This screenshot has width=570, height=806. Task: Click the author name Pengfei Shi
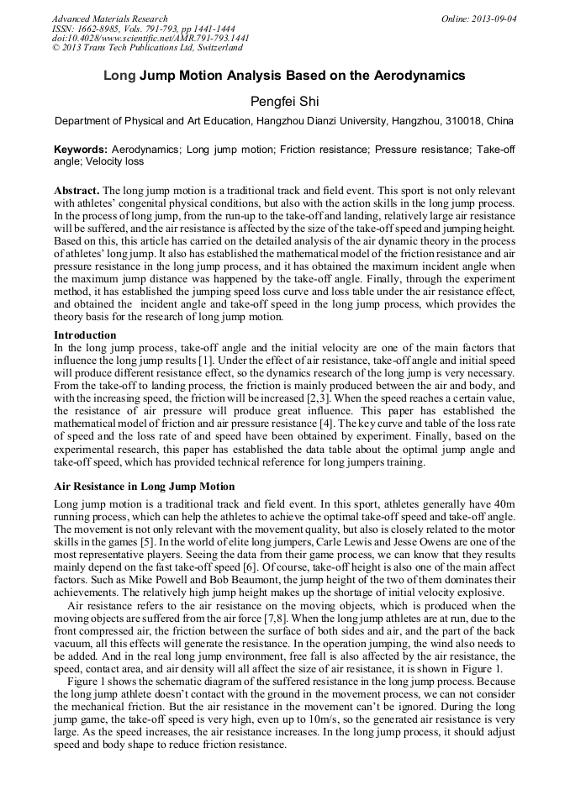point(284,101)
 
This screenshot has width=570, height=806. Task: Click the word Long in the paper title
point(119,76)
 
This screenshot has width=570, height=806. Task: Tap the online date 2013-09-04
point(495,18)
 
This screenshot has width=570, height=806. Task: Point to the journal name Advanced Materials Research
point(109,18)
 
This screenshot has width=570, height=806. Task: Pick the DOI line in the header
point(150,39)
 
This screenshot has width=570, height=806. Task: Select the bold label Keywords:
point(81,149)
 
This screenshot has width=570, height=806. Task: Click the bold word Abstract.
point(77,191)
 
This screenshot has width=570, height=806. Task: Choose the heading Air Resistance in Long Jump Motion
point(144,487)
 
